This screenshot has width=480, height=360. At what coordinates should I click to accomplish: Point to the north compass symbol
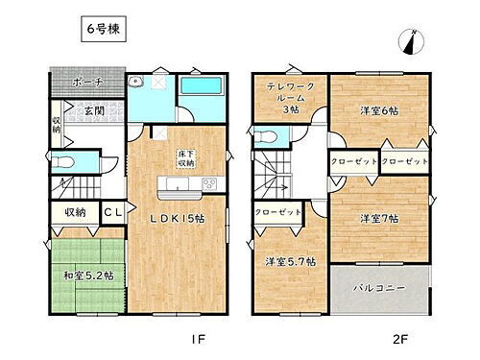pyautogui.click(x=410, y=42)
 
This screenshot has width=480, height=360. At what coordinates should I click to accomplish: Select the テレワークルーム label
pyautogui.click(x=292, y=98)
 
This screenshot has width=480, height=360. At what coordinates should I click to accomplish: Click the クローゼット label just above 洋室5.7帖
pyautogui.click(x=277, y=212)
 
